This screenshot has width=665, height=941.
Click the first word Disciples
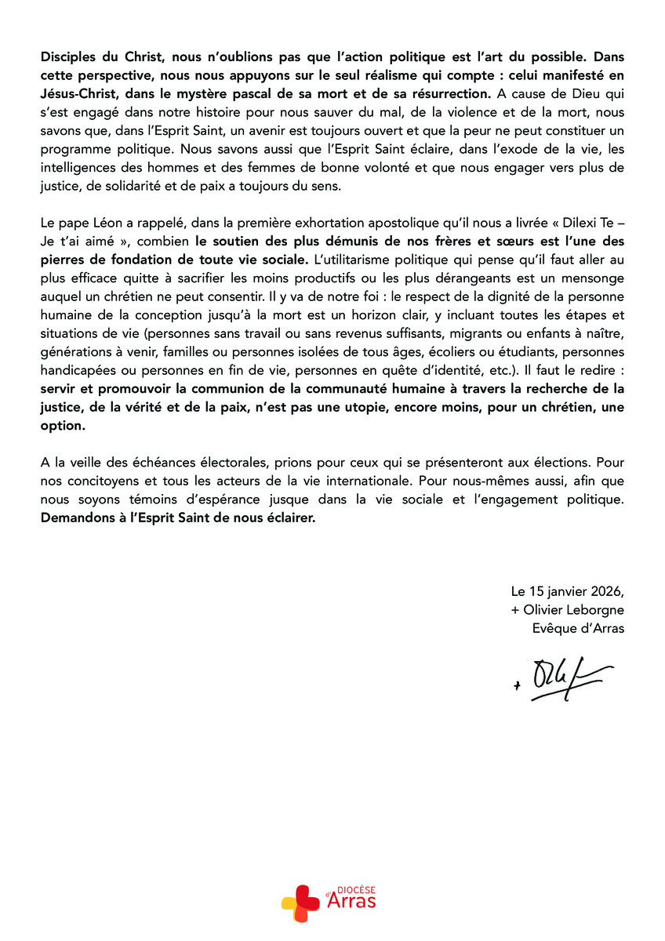click(x=67, y=58)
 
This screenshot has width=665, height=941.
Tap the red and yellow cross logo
click(x=300, y=902)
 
